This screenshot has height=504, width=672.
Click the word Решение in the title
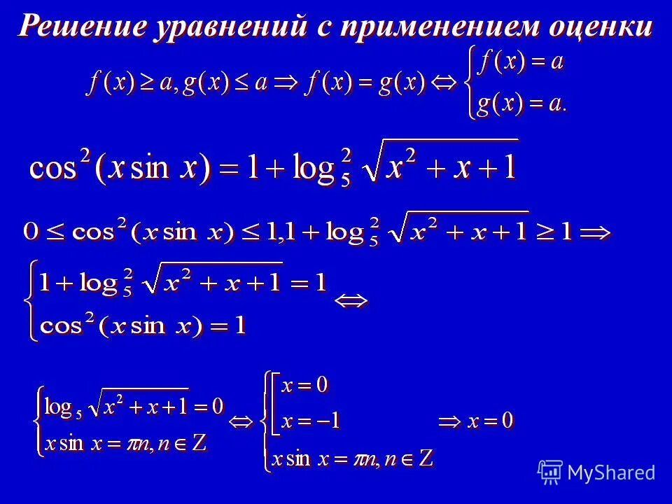(x=85, y=26)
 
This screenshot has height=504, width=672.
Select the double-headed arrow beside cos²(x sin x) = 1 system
(x=349, y=302)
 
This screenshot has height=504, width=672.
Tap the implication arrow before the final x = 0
(x=451, y=421)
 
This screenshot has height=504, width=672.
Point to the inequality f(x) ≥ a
(x=129, y=84)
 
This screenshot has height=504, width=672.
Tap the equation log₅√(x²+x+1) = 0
(x=134, y=405)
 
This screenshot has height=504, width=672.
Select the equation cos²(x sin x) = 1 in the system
(x=143, y=326)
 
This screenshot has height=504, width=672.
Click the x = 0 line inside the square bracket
(x=304, y=385)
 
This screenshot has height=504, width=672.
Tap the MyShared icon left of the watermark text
(x=550, y=472)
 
